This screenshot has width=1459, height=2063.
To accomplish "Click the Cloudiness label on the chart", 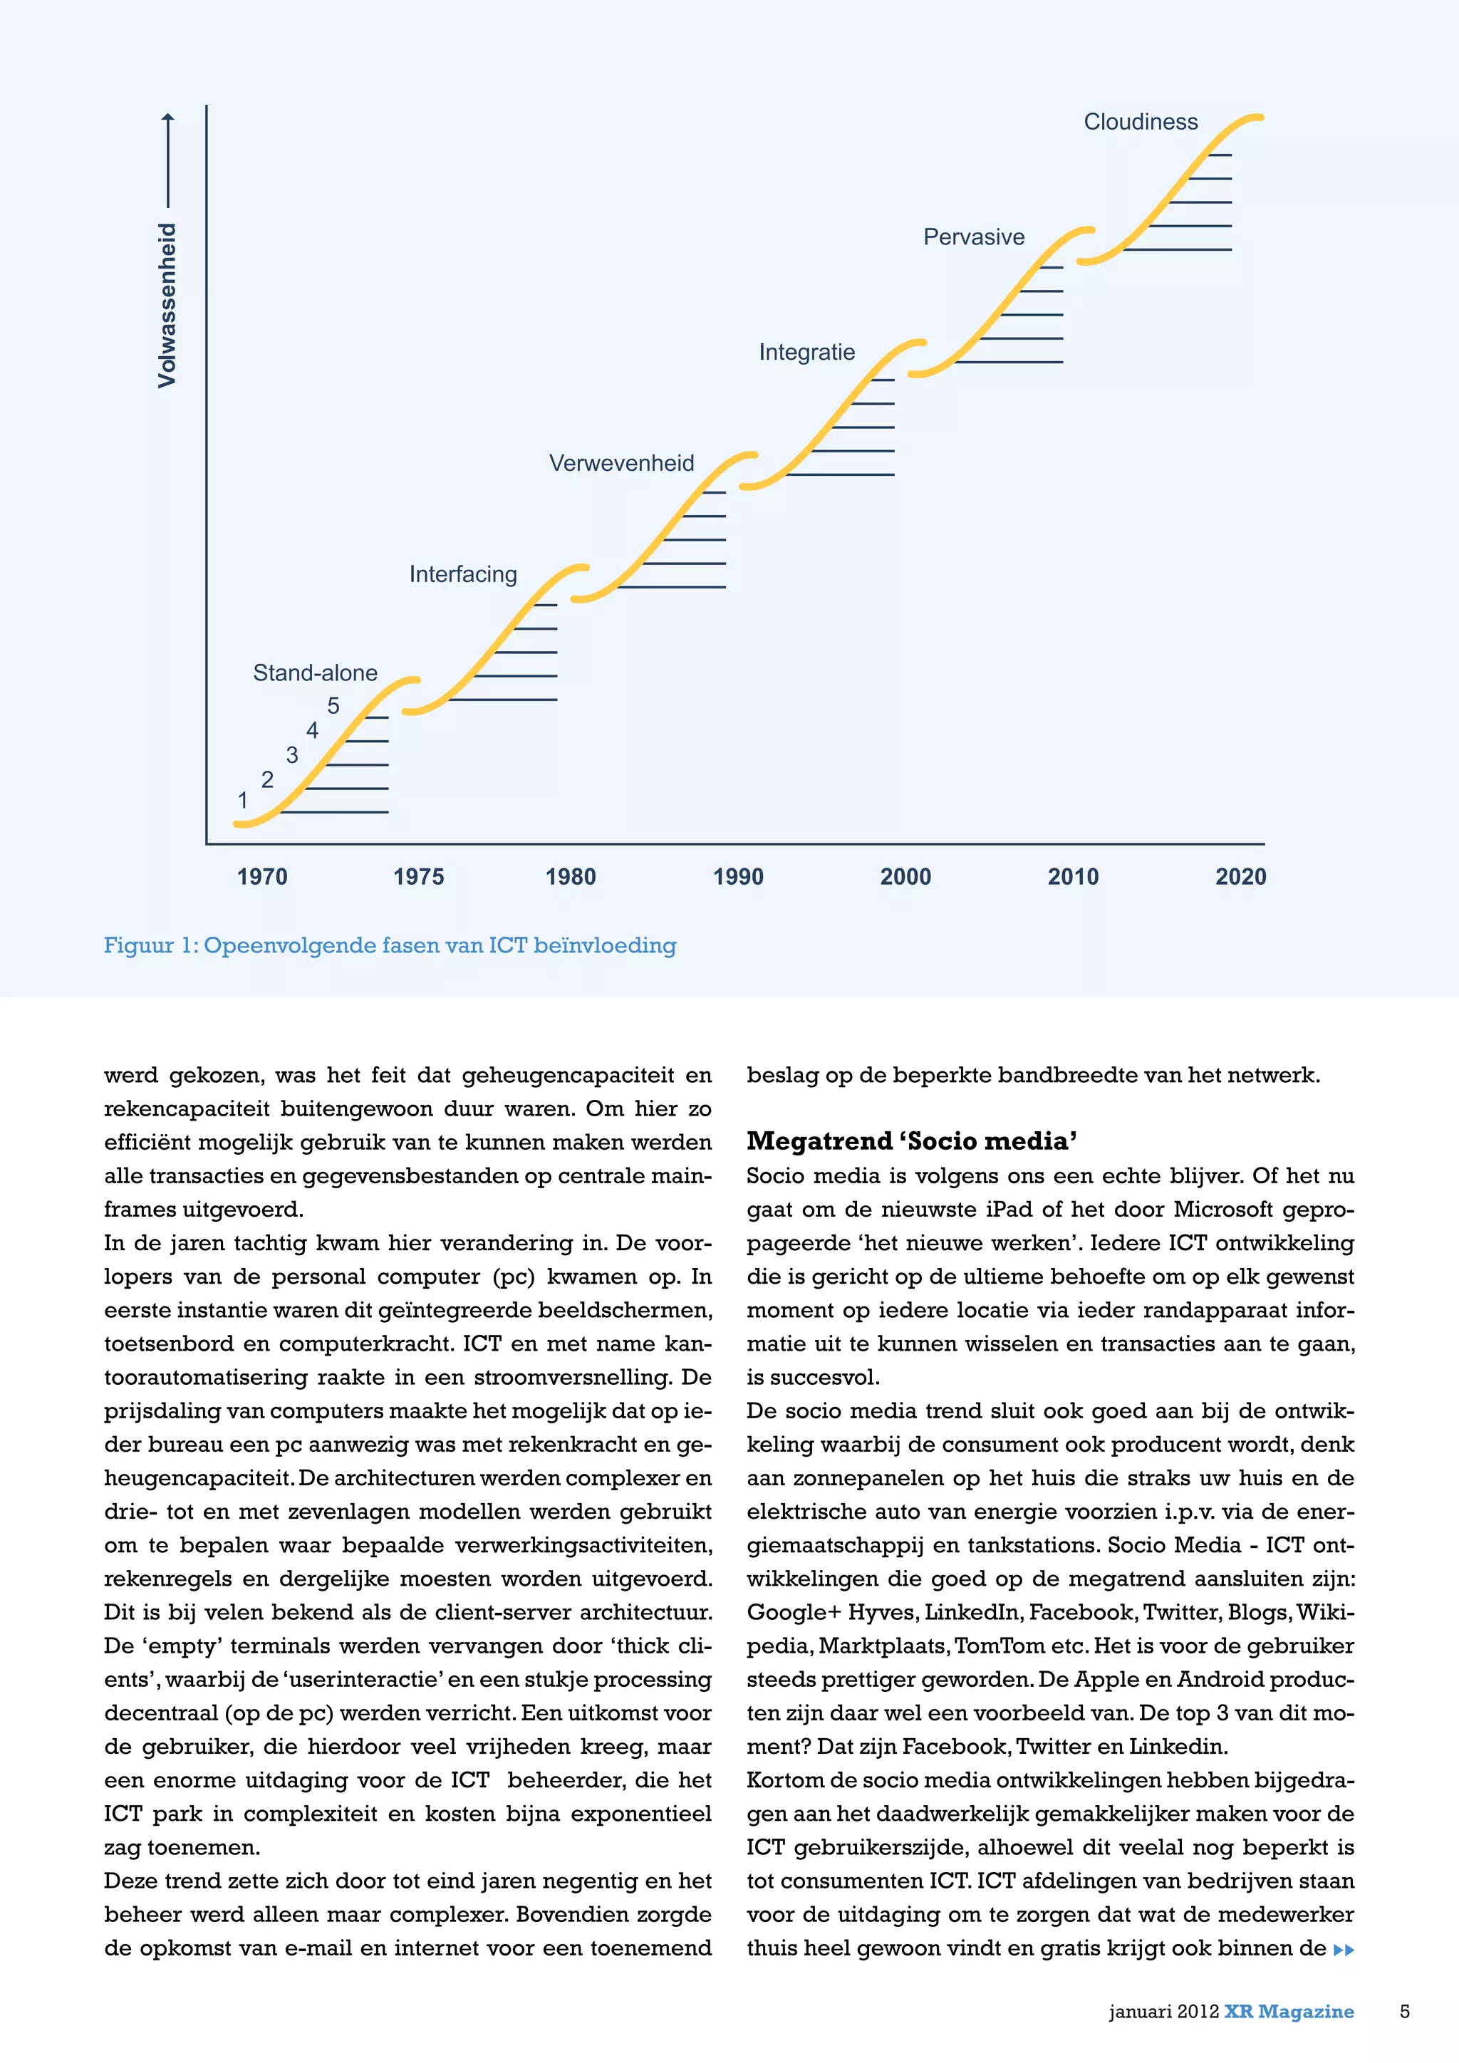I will click(1140, 123).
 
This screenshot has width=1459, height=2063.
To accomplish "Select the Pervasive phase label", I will click(974, 237).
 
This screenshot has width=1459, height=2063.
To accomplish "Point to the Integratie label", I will click(806, 352).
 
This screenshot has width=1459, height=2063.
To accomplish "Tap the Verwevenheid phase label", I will click(622, 464).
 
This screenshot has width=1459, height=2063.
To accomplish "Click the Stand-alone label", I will click(316, 673).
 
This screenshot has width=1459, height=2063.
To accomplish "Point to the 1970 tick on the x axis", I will click(262, 877).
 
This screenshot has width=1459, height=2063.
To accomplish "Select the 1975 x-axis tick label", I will click(419, 877).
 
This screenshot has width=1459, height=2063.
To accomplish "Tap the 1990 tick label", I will click(739, 877).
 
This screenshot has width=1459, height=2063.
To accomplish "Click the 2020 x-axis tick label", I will click(1241, 877).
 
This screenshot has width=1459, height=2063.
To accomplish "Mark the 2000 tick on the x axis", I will click(905, 877).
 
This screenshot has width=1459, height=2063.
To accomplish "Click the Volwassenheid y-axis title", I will click(167, 306).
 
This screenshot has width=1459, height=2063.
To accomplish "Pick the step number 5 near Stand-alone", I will click(333, 706).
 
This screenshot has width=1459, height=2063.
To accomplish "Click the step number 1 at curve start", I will click(242, 800).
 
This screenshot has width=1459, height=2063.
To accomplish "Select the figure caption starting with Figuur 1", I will click(390, 945).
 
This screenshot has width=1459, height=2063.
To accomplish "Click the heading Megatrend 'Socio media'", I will click(912, 1141).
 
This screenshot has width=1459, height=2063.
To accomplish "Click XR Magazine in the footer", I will click(1288, 2011).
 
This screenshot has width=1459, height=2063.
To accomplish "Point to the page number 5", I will click(1405, 2011).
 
